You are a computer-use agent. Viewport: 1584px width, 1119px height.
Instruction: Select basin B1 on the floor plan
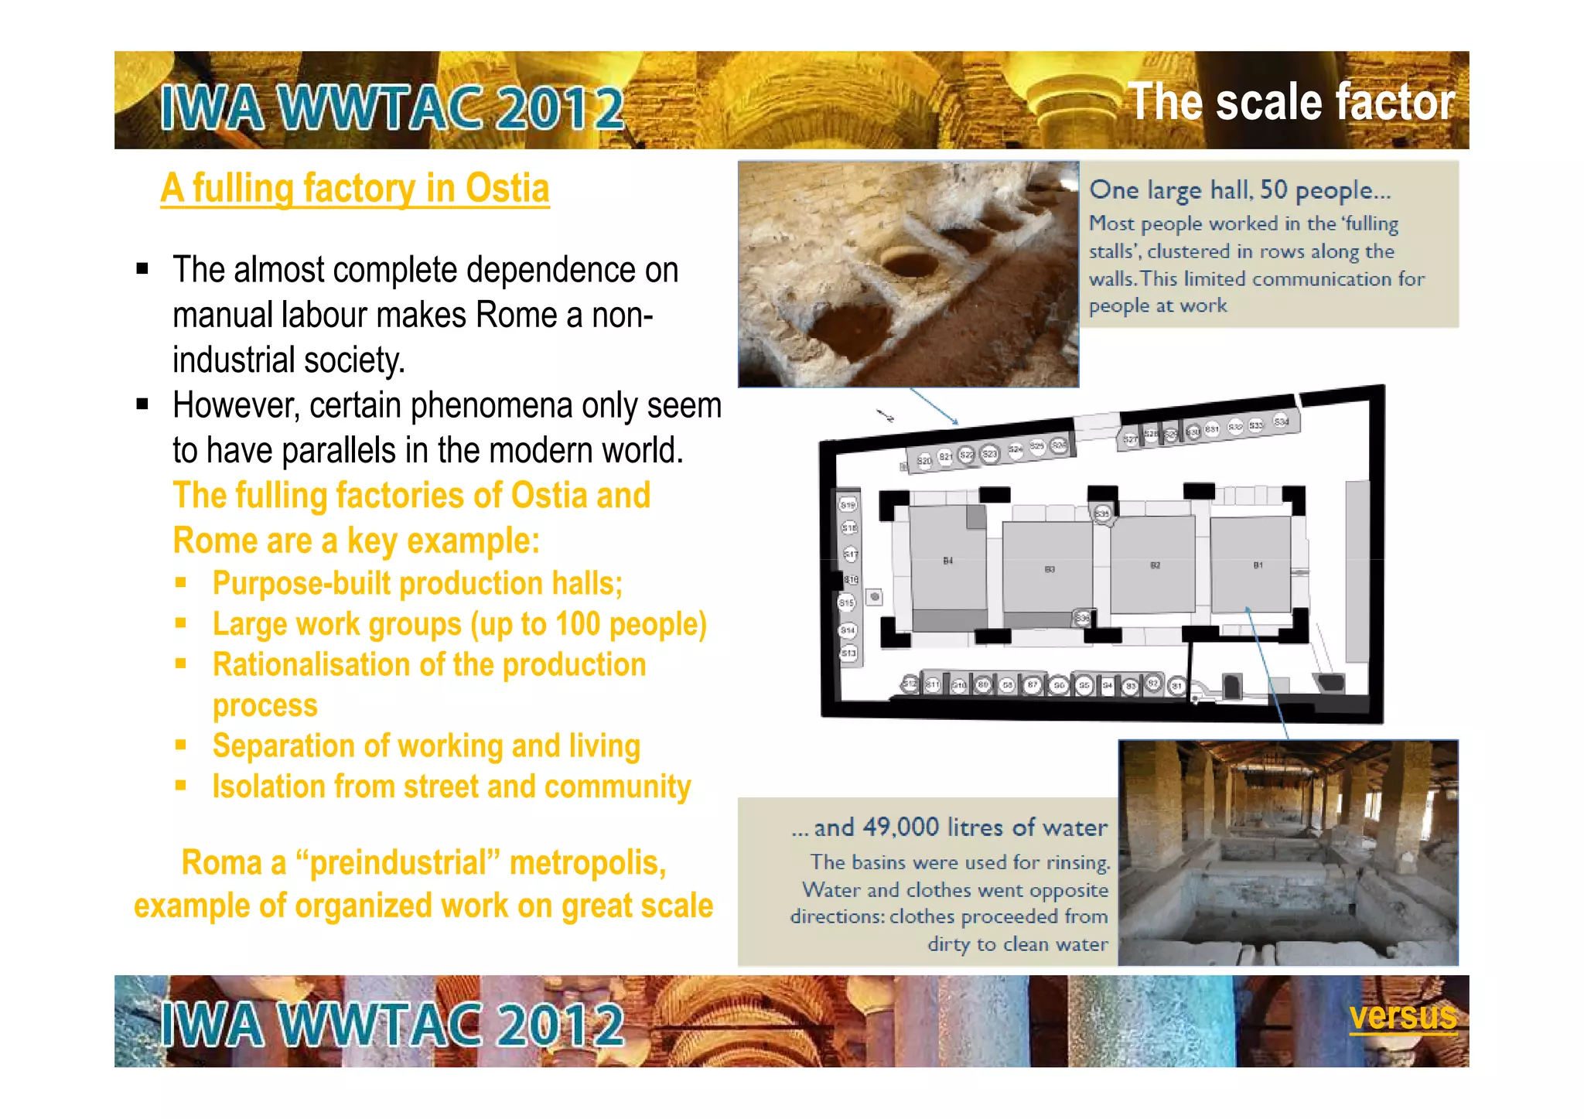pos(1251,565)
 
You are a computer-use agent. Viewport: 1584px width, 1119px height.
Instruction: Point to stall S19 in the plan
pos(848,505)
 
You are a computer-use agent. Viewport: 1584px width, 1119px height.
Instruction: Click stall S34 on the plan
pos(1282,421)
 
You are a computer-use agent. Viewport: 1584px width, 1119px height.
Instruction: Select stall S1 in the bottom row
pos(1176,686)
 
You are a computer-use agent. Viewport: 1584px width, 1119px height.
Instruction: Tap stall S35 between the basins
pos(1102,513)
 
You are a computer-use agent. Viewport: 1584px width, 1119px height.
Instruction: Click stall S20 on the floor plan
pos(924,461)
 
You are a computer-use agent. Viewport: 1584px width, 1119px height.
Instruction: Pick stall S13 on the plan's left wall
pos(848,653)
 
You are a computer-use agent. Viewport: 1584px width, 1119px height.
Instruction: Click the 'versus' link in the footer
pos(1402,1016)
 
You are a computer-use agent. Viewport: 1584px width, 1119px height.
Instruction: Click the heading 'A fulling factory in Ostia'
pos(355,189)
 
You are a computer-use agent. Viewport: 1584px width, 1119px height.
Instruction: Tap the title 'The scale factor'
pos(1291,102)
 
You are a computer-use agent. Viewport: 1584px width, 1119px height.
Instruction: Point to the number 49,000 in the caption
pos(900,827)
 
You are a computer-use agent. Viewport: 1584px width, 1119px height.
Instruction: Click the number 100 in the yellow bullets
pos(577,624)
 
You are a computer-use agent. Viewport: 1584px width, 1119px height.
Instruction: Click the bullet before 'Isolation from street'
pos(181,786)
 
